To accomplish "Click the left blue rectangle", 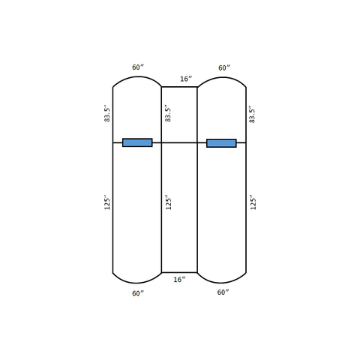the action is [x=137, y=142].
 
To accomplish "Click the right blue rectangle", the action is [x=221, y=143].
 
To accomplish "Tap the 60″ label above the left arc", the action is [x=138, y=67].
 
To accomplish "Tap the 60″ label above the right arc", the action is [x=224, y=67].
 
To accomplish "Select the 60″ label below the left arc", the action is [x=138, y=293].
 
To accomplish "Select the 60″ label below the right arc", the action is [x=223, y=292].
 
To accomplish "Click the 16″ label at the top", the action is [x=186, y=79].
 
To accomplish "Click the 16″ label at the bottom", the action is [x=179, y=279].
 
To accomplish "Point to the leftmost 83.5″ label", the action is [x=107, y=115].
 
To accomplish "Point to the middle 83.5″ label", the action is [x=168, y=115].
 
